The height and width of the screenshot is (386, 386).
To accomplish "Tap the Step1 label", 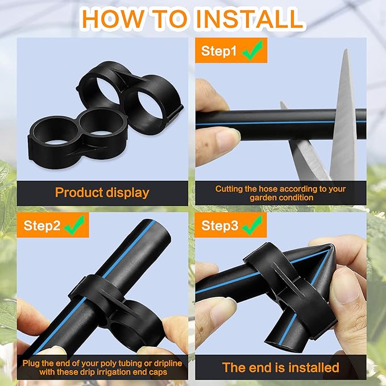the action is click(x=219, y=51).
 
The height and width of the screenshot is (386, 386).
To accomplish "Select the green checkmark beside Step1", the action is click(x=252, y=50).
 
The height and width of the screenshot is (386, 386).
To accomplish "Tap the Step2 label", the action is click(x=42, y=225).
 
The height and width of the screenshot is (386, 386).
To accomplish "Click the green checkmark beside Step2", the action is click(x=74, y=225).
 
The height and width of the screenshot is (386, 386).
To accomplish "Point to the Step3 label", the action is click(x=219, y=225).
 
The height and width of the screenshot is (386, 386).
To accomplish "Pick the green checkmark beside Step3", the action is click(x=252, y=225).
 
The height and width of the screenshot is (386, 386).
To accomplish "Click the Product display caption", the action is click(x=102, y=193).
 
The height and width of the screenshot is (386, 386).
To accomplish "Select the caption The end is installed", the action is click(x=281, y=368).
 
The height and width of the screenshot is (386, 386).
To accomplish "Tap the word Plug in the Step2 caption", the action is click(x=31, y=364).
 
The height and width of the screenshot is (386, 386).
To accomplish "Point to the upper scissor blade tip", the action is click(x=346, y=50).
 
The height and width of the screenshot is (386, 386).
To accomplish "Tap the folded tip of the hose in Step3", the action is click(x=331, y=247).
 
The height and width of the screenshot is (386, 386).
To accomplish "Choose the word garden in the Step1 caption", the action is click(x=262, y=198).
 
